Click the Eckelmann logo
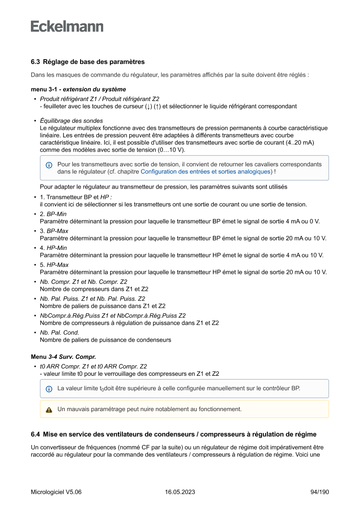click(x=67, y=27)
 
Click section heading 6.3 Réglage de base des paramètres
click(x=87, y=62)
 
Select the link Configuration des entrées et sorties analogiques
click(x=205, y=172)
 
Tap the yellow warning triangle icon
click(x=49, y=410)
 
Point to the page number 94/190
click(x=320, y=492)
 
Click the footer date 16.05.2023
click(x=180, y=492)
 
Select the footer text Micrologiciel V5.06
click(x=56, y=492)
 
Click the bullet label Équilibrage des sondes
click(x=71, y=121)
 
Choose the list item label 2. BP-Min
click(x=53, y=214)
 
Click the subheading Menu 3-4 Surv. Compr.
click(x=64, y=357)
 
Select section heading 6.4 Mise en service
click(x=174, y=435)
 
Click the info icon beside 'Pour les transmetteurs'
click(x=49, y=165)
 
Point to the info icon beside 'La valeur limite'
click(x=49, y=388)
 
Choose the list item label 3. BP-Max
click(x=54, y=231)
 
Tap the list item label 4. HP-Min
click(x=53, y=248)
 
